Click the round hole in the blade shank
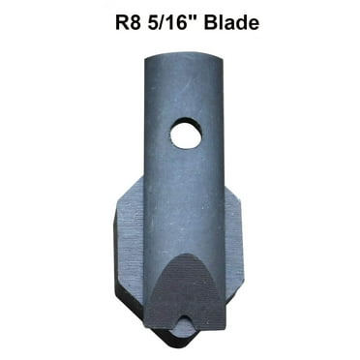[185, 135]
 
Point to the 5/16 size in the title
[161, 21]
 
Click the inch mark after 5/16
[194, 15]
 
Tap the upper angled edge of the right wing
[240, 194]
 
